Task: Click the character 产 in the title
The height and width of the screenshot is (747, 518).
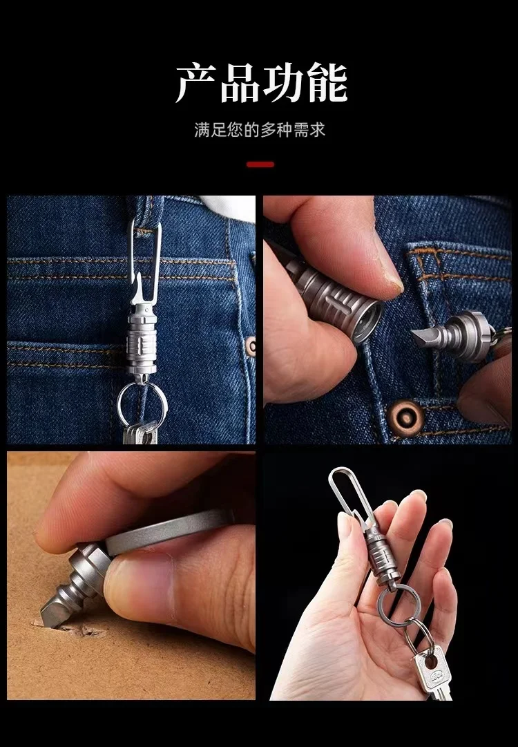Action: coord(196,84)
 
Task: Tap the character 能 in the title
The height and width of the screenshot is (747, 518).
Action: coord(327,84)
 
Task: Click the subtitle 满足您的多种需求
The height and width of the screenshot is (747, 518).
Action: coord(260,130)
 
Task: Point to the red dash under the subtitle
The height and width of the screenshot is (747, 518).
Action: coord(260,164)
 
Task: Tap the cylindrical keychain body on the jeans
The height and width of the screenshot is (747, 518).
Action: coord(142,342)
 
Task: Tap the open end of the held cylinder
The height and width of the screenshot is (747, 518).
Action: coord(367,320)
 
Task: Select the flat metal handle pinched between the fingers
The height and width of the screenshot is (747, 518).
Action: coord(166,531)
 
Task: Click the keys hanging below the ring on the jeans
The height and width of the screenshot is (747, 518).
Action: coord(140,433)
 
